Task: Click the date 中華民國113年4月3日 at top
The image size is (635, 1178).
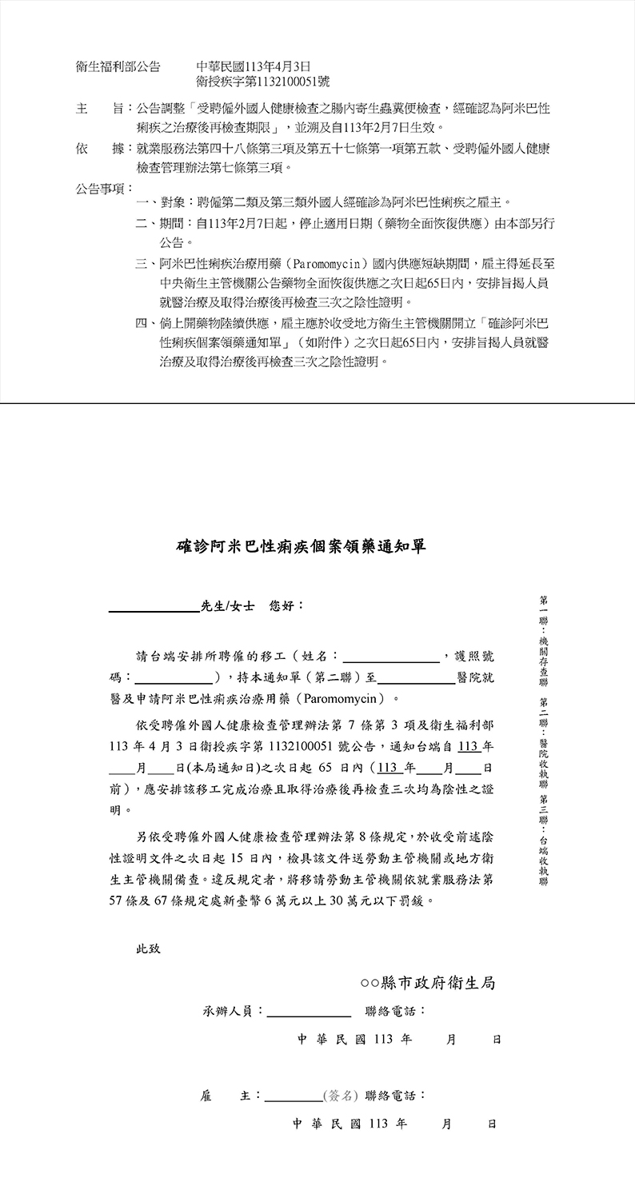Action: tap(253, 67)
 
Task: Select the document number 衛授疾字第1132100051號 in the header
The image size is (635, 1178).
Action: tap(262, 82)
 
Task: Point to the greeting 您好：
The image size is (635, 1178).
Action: tap(287, 606)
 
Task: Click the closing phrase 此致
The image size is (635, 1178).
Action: tap(148, 949)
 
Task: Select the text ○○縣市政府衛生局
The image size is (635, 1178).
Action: tap(428, 983)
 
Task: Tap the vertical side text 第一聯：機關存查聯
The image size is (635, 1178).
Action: tap(544, 641)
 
